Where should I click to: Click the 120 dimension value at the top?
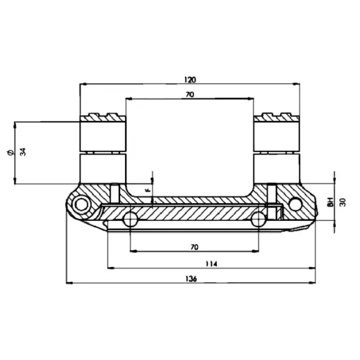(x=191, y=79)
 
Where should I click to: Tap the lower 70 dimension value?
(x=194, y=247)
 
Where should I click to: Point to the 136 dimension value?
(x=193, y=279)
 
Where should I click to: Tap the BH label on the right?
(x=330, y=202)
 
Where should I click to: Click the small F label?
(x=147, y=190)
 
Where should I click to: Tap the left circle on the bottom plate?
(x=130, y=220)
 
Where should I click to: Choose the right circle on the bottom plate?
(x=259, y=220)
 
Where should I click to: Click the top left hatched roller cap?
(x=103, y=116)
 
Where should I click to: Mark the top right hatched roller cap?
(x=277, y=116)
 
